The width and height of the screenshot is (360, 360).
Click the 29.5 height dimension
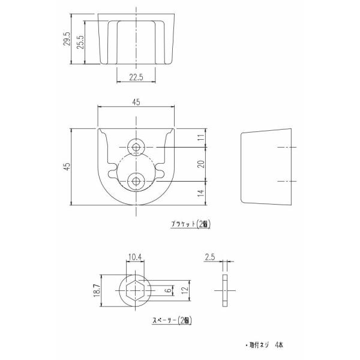[x=67, y=39]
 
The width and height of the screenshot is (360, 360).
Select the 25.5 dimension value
[x=80, y=42]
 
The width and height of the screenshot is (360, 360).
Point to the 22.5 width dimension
[x=136, y=77]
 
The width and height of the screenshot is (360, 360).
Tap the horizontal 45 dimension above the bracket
[x=136, y=102]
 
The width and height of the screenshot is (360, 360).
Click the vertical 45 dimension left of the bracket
[x=67, y=166]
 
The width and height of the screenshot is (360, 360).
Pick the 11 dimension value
[x=201, y=137]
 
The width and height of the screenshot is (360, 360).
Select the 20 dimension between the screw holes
[x=201, y=164]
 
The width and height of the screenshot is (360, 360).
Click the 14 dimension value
[x=201, y=193]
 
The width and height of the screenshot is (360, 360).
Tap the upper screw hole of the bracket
[x=136, y=147]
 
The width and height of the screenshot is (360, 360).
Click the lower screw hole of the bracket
[x=136, y=181]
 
